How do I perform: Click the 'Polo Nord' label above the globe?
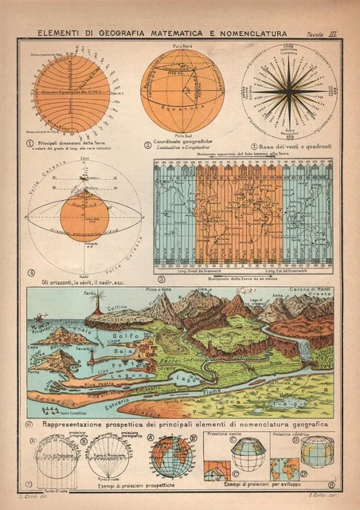tap(182, 46)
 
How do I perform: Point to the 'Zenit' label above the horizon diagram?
tap(84, 160)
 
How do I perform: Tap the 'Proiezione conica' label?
tap(225, 434)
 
